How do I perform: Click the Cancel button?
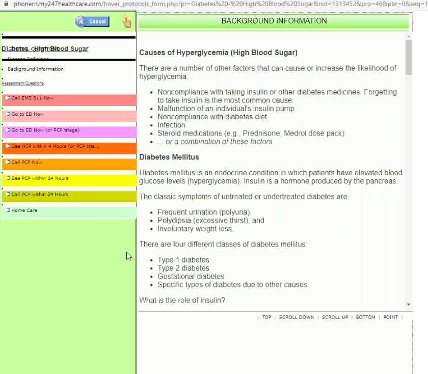pos(92,21)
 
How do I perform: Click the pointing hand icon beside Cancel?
pos(127,21)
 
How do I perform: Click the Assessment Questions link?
pos(22,83)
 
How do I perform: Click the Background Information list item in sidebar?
pos(36,69)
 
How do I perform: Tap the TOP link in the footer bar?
pos(266,317)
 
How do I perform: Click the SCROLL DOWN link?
pos(297,317)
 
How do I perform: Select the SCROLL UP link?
pos(335,317)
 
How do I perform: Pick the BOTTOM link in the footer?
pos(365,317)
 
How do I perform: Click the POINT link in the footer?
pos(391,317)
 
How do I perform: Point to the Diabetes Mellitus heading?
pos(169,157)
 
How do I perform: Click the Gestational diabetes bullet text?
pos(191,276)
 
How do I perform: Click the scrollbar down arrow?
pos(408,304)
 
